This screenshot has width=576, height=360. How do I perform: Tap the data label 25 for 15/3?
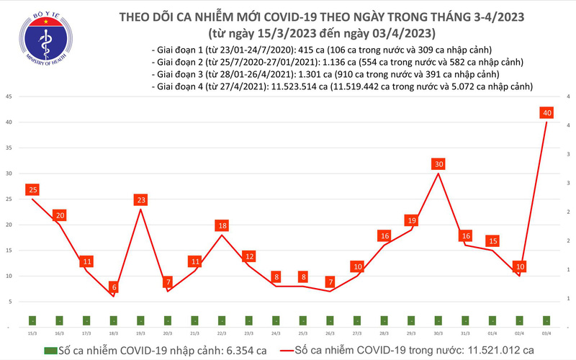(32, 189)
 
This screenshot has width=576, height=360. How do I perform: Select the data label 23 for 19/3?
(141, 200)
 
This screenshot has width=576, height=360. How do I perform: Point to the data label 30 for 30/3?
(438, 164)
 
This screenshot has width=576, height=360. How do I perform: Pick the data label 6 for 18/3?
(114, 287)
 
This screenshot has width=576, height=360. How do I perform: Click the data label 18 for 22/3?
(222, 225)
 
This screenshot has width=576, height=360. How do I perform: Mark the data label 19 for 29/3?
(411, 220)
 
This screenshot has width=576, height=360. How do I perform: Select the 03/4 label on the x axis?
(546, 333)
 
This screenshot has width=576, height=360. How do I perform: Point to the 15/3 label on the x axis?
(32, 333)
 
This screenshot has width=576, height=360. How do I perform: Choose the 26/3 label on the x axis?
(330, 333)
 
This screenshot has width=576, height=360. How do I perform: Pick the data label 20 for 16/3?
(60, 215)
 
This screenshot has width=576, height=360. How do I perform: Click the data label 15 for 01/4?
(492, 241)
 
